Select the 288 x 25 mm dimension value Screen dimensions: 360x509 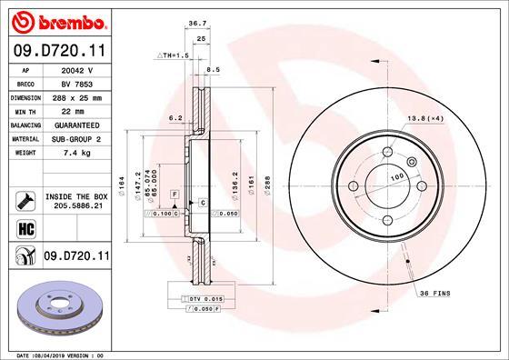coord(77,95)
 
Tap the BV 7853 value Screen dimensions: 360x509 coord(77,82)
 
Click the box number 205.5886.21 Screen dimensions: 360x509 coord(77,207)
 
